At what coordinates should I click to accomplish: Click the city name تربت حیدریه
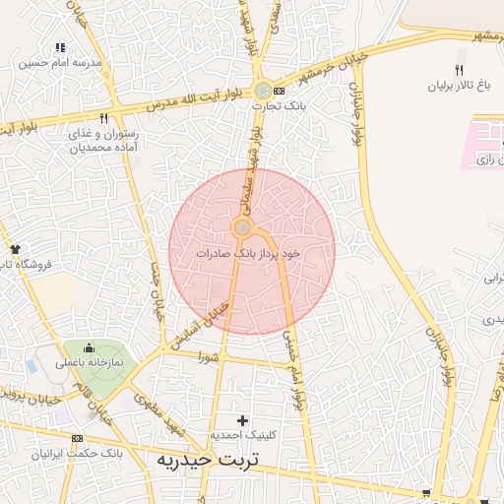(x=215, y=460)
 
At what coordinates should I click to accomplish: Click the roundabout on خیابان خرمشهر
(x=262, y=90)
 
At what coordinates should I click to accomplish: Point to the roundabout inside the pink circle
(x=242, y=228)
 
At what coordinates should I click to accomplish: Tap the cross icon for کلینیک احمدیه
(x=242, y=420)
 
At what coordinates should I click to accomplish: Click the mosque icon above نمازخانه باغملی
(x=90, y=346)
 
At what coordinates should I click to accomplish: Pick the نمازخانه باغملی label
(x=89, y=361)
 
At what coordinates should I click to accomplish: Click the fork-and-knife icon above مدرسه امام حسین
(x=60, y=46)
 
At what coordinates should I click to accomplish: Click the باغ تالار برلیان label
(x=460, y=86)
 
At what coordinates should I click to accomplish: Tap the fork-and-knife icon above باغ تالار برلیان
(x=459, y=70)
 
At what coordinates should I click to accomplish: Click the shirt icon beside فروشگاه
(x=15, y=249)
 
